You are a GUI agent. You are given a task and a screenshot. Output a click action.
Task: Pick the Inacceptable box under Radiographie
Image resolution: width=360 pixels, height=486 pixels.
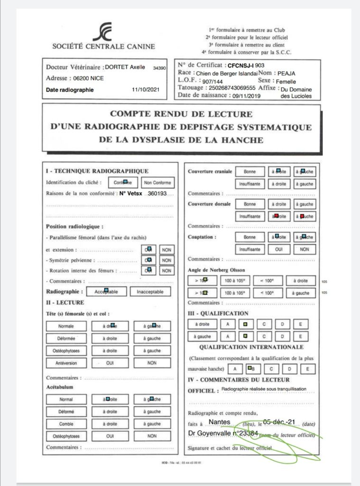click(150, 292)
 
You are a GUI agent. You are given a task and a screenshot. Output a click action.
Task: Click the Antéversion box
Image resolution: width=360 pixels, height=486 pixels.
click(66, 363)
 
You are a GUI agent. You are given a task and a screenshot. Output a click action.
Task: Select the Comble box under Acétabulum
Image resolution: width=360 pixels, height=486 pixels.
click(66, 424)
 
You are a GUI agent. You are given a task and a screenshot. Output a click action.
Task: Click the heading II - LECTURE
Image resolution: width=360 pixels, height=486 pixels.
click(65, 302)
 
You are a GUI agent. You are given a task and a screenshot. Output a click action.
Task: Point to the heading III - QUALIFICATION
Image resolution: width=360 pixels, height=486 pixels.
click(218, 313)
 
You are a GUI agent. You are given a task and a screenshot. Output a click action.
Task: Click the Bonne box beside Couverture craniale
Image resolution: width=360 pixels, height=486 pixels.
click(249, 171)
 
